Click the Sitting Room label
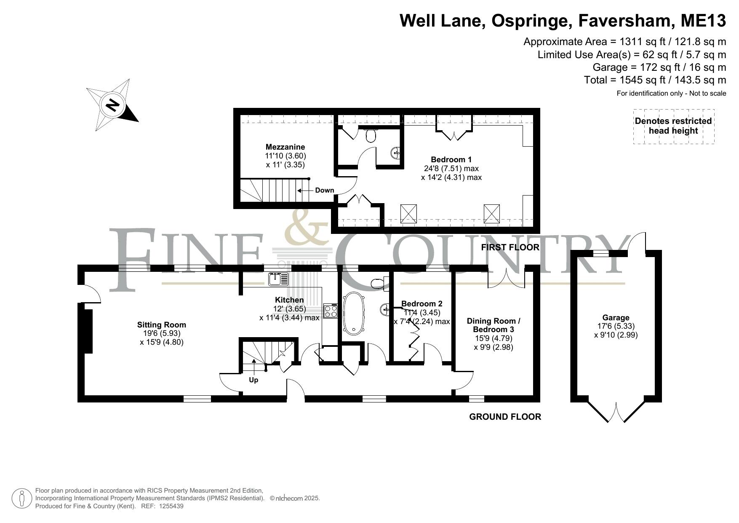(161, 325)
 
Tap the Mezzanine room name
(285, 147)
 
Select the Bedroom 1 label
(451, 160)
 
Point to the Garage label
(616, 318)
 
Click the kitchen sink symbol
(278, 279)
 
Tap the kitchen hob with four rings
(331, 311)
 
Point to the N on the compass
(112, 104)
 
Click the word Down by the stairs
(325, 190)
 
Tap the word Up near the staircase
(253, 380)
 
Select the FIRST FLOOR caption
(510, 247)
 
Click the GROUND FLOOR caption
(505, 417)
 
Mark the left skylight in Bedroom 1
(408, 213)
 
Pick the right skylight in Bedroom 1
(491, 213)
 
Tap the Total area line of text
(655, 80)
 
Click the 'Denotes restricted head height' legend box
(674, 126)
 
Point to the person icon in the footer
(22, 499)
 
